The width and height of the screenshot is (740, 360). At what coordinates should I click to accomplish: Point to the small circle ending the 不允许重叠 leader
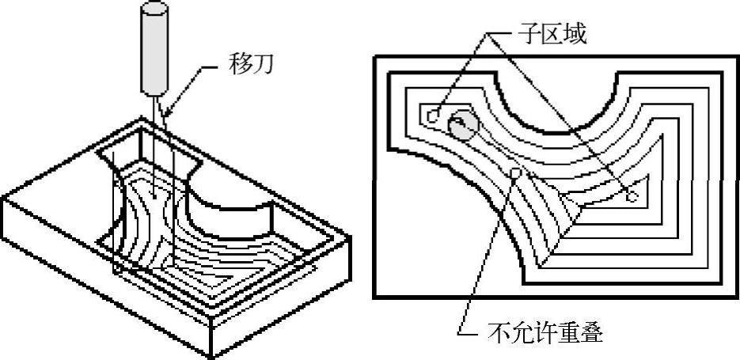pos(515,172)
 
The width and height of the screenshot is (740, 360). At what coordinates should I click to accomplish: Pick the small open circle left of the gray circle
pos(432,116)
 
